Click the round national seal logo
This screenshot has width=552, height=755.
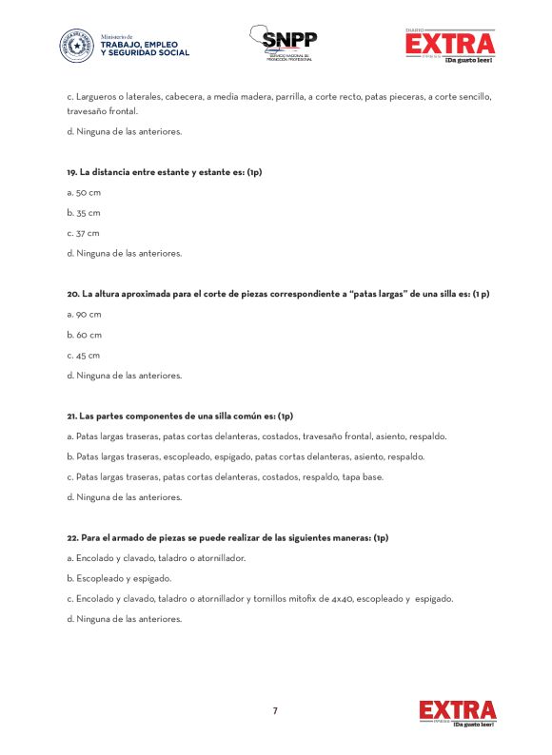click(77, 46)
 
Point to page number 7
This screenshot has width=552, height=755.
click(275, 710)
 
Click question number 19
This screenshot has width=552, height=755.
click(71, 172)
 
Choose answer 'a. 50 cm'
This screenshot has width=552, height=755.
click(83, 193)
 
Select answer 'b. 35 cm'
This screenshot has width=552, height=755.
click(83, 213)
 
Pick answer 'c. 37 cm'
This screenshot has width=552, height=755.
click(83, 233)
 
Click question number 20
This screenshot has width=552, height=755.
click(72, 294)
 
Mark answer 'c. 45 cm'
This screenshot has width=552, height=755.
click(83, 355)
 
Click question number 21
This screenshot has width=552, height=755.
click(71, 416)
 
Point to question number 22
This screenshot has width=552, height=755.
click(72, 537)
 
